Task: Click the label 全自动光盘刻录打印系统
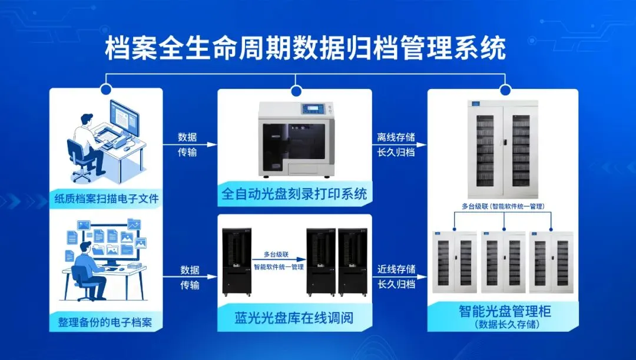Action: [x=294, y=194]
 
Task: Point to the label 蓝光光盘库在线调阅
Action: [x=294, y=319]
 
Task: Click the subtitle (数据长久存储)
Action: [x=504, y=323]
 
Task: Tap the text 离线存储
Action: [x=396, y=137]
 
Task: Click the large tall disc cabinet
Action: [x=503, y=149]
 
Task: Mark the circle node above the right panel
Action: [x=505, y=90]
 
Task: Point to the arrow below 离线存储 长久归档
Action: [x=396, y=160]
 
